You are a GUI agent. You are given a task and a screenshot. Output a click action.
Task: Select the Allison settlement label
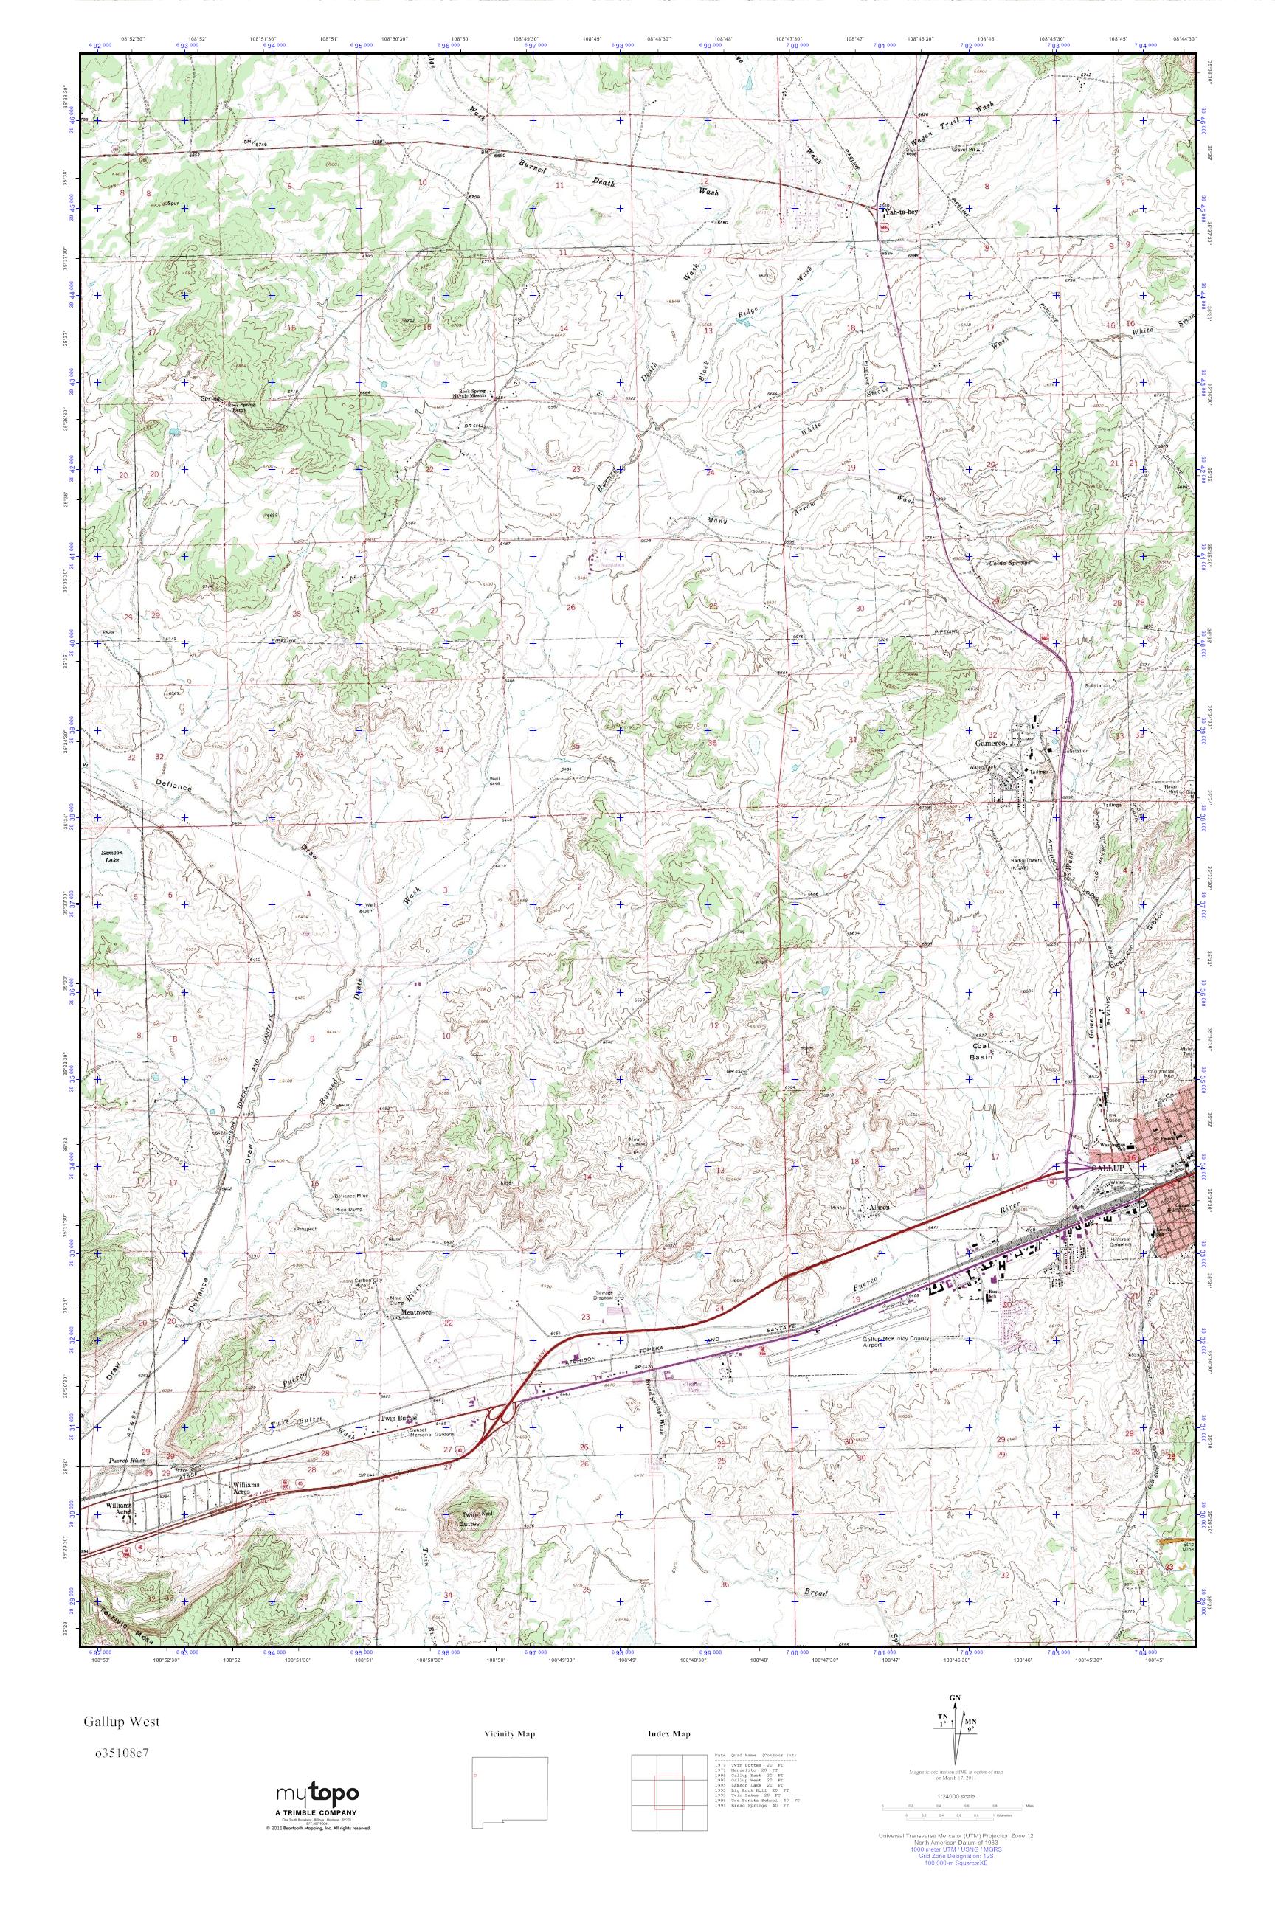coord(880,1208)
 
